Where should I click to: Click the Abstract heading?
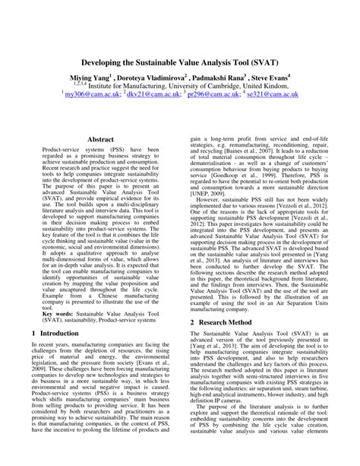tap(101, 140)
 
